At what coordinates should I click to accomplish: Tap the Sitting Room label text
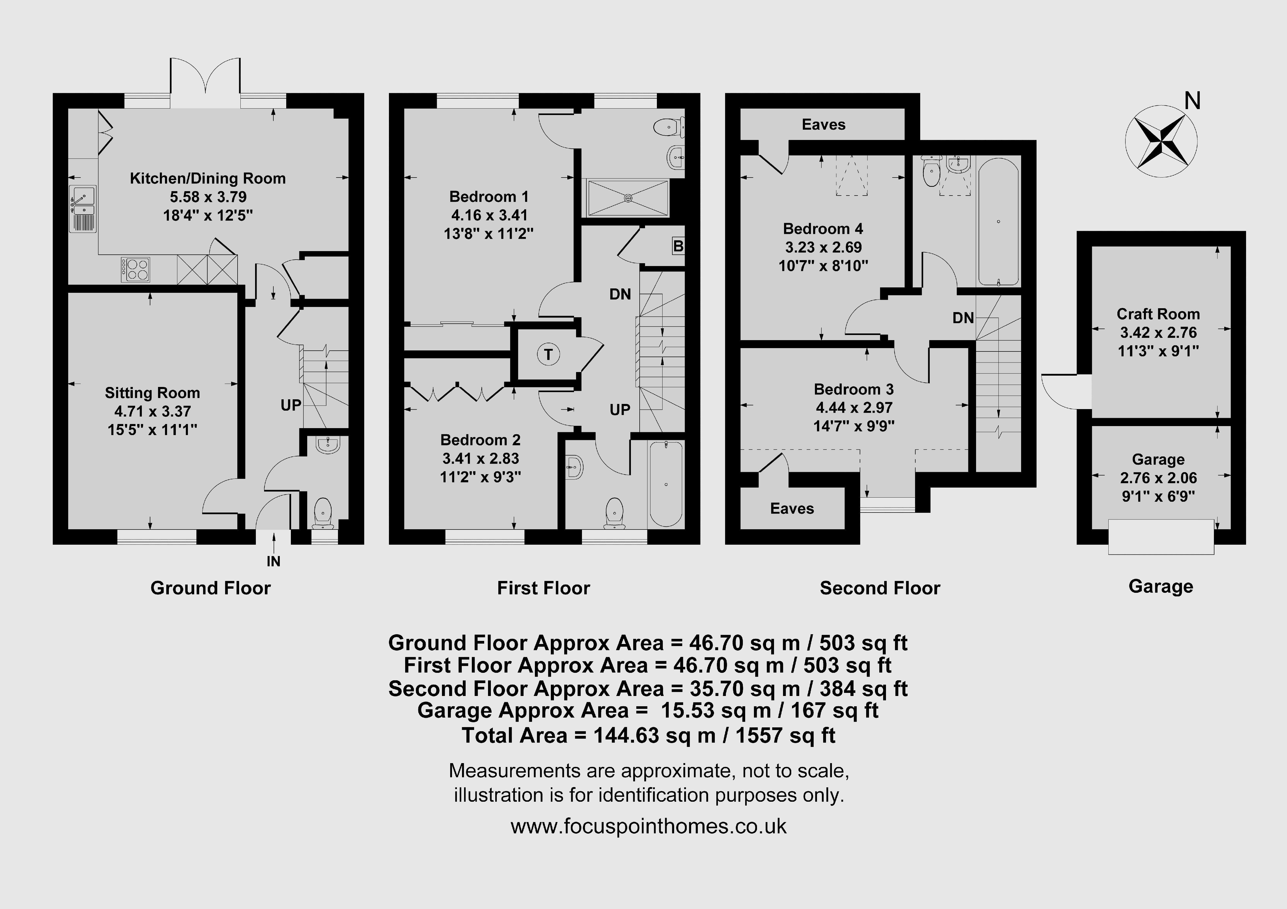click(152, 393)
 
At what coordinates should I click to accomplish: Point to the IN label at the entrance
click(274, 561)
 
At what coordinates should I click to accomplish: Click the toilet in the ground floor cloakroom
click(323, 513)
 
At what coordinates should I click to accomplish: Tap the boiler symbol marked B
click(678, 246)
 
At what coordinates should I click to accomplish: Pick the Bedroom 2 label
click(480, 440)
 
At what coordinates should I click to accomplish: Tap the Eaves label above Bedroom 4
click(823, 125)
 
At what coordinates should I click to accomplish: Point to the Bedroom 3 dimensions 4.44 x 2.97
click(854, 408)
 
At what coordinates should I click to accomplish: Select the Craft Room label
click(1158, 314)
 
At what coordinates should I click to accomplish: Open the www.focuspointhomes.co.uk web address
click(649, 826)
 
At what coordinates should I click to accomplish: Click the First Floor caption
click(544, 588)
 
